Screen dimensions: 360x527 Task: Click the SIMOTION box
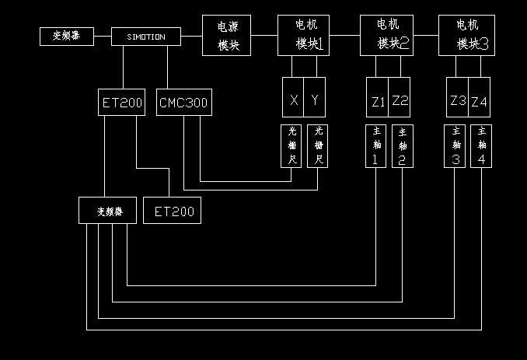point(145,37)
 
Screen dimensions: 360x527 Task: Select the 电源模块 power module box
point(226,36)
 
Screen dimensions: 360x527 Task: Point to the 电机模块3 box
point(466,36)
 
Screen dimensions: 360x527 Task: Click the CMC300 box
point(184,103)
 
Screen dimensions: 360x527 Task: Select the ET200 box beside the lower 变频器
point(173,211)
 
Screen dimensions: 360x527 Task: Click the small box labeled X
point(293,100)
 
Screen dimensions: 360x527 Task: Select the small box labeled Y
point(315,100)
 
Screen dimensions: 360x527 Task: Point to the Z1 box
point(378,100)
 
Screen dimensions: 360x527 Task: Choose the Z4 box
point(480,100)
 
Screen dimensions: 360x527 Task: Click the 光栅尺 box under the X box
point(292,145)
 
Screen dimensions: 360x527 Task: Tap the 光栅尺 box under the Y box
point(318,145)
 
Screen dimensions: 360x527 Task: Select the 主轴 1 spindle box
point(375,145)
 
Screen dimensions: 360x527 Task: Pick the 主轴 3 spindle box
point(454,145)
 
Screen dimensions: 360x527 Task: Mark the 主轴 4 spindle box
point(481,145)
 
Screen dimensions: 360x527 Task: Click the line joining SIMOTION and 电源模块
point(193,37)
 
